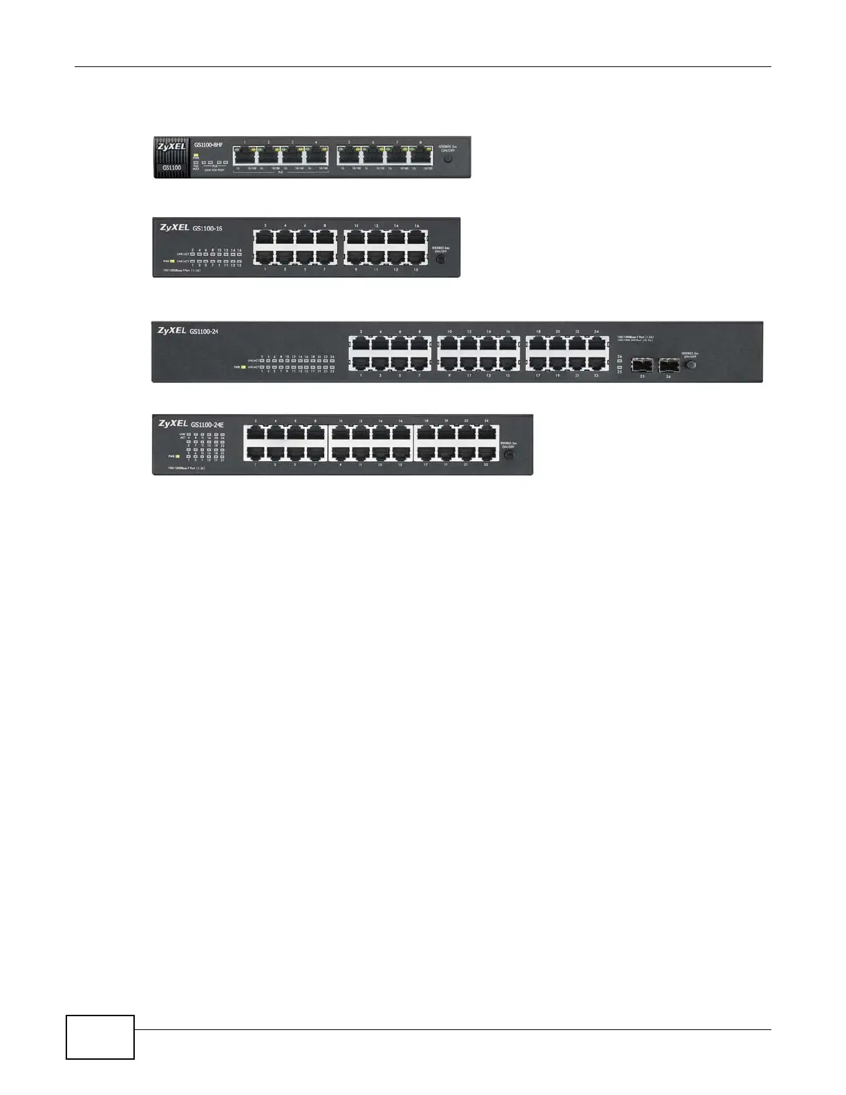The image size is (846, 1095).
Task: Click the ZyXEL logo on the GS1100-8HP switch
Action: tap(171, 147)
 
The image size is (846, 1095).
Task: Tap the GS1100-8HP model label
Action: tap(209, 145)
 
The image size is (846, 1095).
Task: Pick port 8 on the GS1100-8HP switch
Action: tap(421, 156)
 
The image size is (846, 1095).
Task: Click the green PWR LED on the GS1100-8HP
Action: tap(196, 156)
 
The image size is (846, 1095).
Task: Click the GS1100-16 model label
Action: tap(207, 228)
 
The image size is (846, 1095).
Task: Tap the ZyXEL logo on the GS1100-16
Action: tap(174, 227)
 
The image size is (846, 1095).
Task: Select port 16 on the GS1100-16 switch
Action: tap(416, 237)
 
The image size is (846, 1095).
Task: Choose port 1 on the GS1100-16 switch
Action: tap(265, 256)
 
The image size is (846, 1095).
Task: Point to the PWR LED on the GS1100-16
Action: tap(172, 261)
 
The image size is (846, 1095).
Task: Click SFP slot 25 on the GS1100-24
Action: tap(642, 364)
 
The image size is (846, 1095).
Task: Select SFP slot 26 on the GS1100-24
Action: tap(669, 364)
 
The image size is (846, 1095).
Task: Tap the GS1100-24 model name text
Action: tap(204, 331)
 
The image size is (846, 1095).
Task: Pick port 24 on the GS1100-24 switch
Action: tap(596, 344)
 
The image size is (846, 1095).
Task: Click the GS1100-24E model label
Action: tap(207, 424)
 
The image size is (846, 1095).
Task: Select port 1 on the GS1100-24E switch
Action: tap(255, 453)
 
